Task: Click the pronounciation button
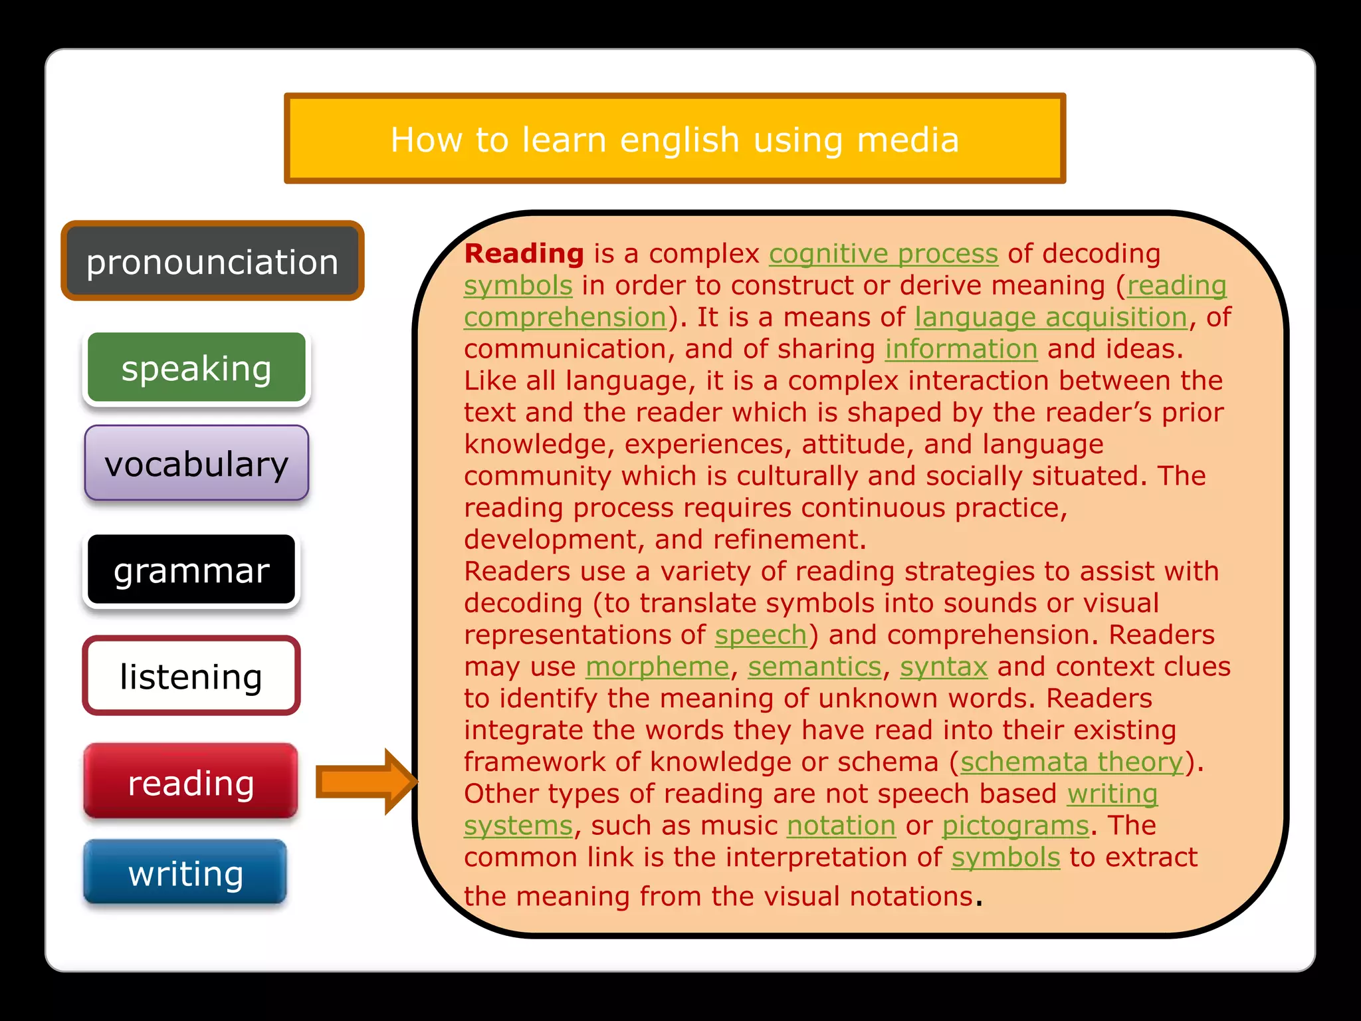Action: point(212,261)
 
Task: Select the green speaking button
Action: point(197,368)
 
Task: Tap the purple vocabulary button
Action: point(197,463)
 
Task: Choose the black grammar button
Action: point(191,570)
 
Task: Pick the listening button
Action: point(191,676)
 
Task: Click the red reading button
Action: point(191,782)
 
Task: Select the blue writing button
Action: point(185,873)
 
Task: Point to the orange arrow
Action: point(366,782)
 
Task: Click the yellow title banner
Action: point(675,139)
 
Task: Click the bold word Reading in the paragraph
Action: point(524,254)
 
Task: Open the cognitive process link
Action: point(883,254)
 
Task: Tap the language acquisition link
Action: point(1051,318)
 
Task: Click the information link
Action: point(961,349)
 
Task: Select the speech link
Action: point(760,635)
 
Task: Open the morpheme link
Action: point(657,667)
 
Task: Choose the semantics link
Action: point(815,667)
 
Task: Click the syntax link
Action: point(944,667)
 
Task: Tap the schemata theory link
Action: point(1072,762)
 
